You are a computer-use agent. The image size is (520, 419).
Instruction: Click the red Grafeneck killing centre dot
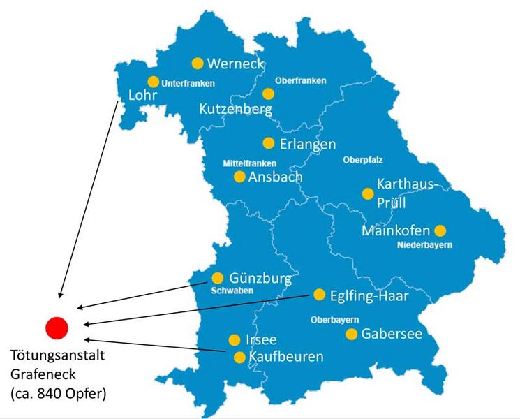tap(56, 327)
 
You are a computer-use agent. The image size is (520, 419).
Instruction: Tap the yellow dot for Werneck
tap(198, 64)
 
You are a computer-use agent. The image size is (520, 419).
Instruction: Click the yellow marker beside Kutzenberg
tap(268, 94)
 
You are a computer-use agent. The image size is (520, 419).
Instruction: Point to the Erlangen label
tap(308, 144)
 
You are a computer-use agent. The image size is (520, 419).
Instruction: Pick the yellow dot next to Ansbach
tap(239, 177)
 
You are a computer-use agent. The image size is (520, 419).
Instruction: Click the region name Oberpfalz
tap(363, 159)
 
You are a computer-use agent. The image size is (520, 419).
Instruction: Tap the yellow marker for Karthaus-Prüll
tap(367, 193)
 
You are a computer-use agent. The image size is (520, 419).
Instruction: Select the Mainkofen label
tap(396, 230)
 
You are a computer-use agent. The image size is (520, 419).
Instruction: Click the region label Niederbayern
tap(424, 245)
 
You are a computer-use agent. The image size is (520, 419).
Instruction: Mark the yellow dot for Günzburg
tap(218, 278)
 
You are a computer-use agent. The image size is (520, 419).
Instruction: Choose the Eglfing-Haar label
tap(369, 296)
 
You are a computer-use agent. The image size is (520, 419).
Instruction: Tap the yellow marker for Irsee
tap(235, 340)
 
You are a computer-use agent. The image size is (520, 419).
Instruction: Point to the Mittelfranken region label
tap(249, 163)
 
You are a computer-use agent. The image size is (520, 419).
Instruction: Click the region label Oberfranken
tap(300, 80)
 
